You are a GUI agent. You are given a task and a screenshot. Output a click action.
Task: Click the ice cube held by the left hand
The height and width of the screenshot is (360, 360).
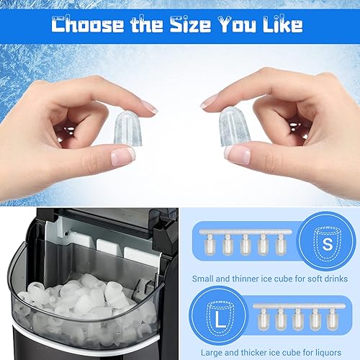point(127,127)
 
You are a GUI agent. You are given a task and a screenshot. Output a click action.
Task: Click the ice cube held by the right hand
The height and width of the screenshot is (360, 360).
point(235,127)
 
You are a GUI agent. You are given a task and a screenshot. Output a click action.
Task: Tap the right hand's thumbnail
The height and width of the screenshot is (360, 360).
point(238,152)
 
